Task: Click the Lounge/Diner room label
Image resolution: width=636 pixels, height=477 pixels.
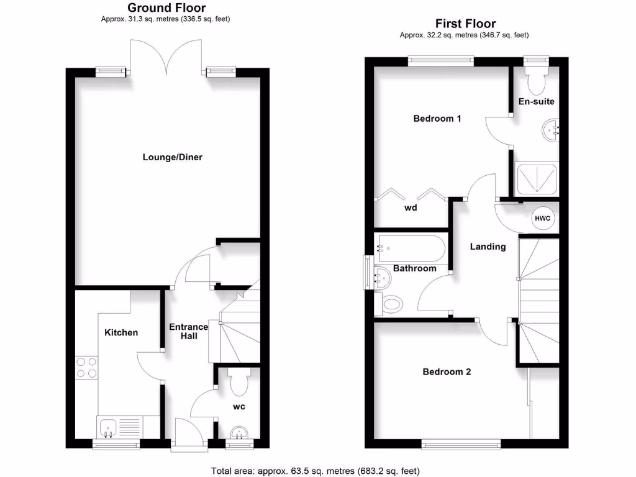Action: (173, 157)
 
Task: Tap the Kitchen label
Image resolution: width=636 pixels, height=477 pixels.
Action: (121, 332)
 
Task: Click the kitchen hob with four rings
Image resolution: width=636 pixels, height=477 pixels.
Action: (86, 367)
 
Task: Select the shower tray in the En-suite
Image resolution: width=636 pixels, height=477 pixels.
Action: (537, 179)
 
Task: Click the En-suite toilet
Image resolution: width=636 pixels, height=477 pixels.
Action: (535, 79)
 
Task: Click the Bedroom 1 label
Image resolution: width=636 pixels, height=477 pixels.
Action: (437, 118)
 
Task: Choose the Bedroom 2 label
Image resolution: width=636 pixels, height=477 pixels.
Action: (447, 372)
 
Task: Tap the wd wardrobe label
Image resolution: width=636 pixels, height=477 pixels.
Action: (411, 208)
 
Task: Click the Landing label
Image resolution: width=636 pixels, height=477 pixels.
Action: (488, 247)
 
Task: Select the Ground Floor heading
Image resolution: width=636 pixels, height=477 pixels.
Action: (166, 8)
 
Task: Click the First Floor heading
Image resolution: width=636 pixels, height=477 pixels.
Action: (465, 24)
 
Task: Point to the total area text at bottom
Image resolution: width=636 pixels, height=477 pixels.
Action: (319, 471)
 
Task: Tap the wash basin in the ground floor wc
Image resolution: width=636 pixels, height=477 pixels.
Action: (238, 432)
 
